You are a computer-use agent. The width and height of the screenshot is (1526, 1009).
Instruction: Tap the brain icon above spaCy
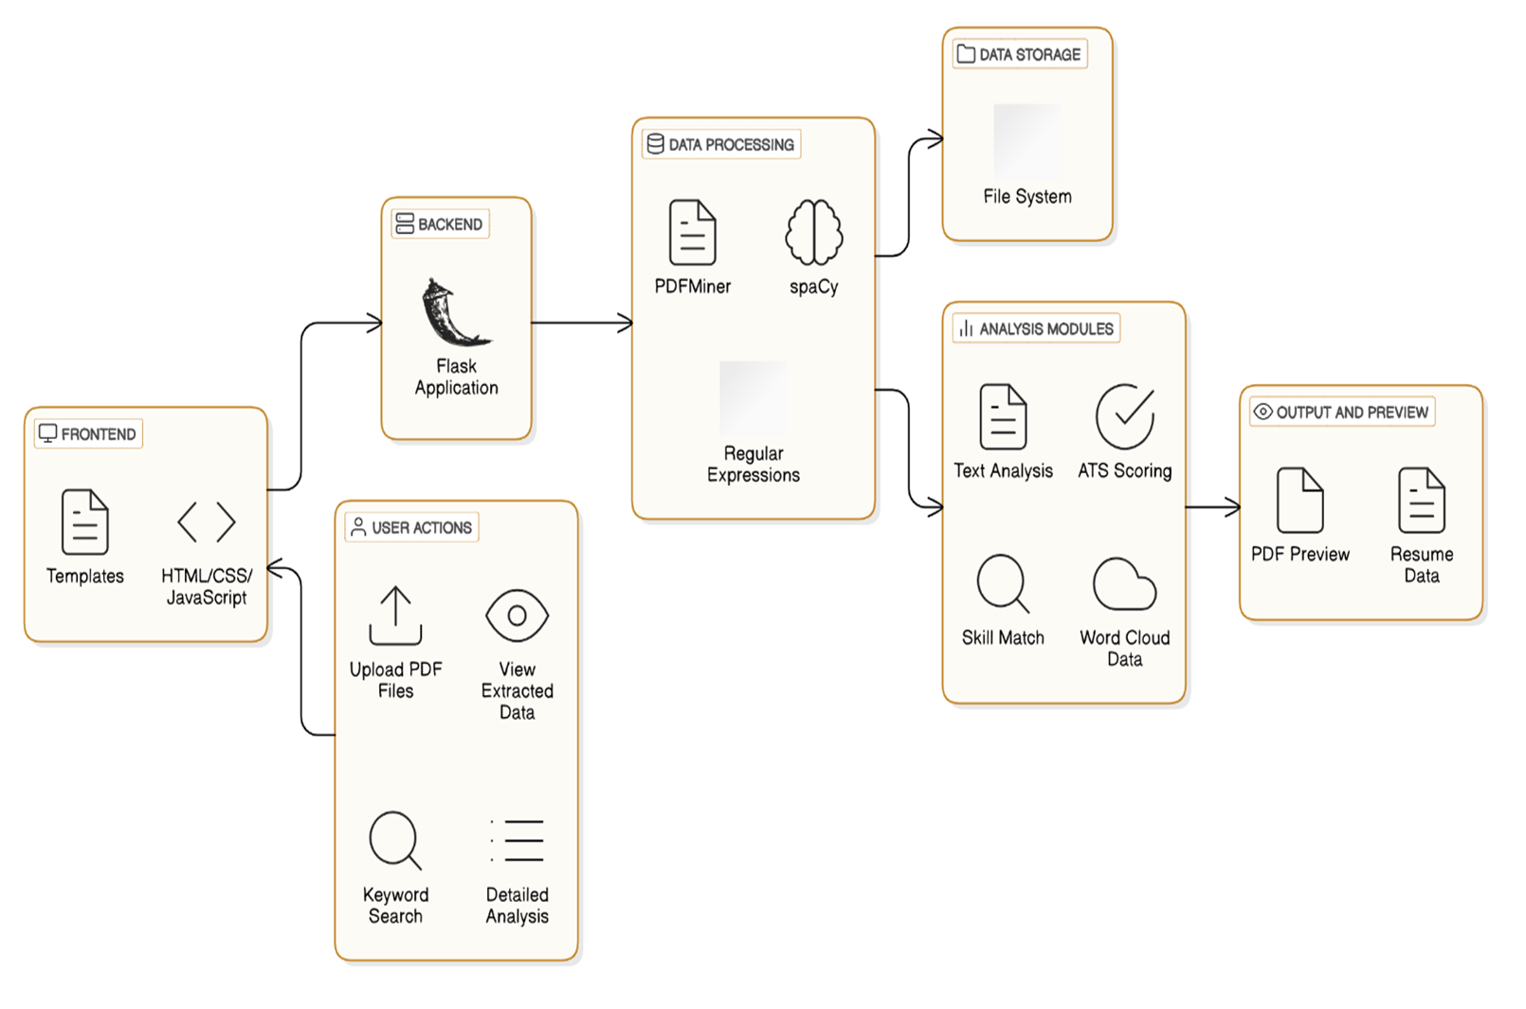click(x=814, y=231)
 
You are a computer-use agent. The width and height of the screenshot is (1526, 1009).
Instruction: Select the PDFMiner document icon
click(x=693, y=231)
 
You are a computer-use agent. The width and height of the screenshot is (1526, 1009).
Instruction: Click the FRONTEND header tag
click(x=88, y=433)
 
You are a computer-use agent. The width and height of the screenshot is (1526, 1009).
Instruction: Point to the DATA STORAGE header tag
click(x=1020, y=54)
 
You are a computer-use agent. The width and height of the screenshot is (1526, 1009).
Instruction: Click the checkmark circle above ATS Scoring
click(x=1125, y=416)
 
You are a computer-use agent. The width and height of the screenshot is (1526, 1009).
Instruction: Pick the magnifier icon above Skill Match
click(x=1003, y=583)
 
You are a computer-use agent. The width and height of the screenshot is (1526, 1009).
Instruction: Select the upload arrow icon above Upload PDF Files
click(x=396, y=615)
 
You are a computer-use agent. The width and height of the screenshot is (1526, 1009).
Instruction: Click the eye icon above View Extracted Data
click(x=518, y=615)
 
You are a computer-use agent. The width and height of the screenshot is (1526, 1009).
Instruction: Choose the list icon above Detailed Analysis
click(x=518, y=840)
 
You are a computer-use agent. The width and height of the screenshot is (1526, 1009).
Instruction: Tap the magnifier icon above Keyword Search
click(x=396, y=840)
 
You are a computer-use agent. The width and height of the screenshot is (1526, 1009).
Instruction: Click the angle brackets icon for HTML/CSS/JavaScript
click(x=207, y=523)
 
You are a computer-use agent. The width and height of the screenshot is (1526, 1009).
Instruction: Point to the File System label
click(x=1027, y=196)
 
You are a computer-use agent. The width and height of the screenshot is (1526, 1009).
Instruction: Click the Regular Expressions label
click(x=754, y=465)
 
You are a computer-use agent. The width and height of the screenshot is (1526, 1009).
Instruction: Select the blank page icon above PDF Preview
click(x=1300, y=500)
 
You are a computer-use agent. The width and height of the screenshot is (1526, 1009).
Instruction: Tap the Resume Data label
click(x=1422, y=564)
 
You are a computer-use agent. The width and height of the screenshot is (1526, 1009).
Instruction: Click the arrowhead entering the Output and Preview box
click(x=1232, y=507)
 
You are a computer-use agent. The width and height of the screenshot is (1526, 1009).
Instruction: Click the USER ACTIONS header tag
click(x=412, y=527)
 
